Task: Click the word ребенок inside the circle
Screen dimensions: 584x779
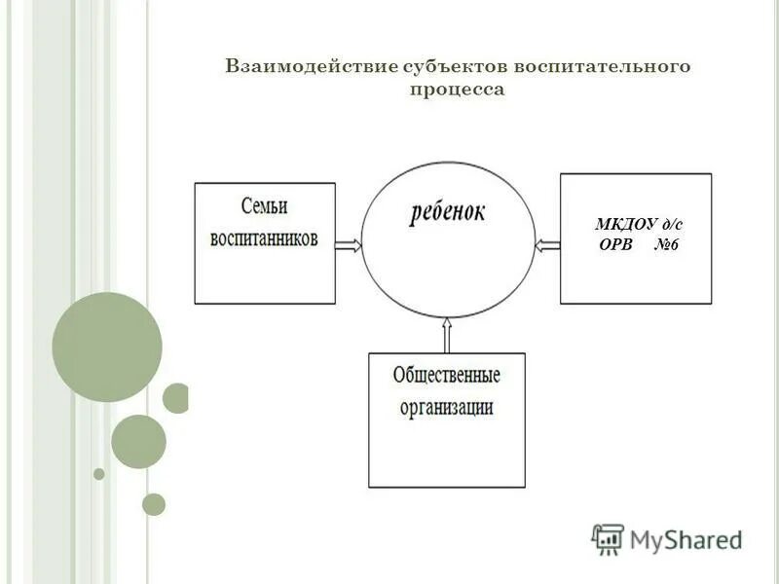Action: [x=448, y=211]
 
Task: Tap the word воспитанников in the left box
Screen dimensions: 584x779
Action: [x=264, y=239]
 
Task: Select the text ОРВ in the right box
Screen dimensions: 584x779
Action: [x=615, y=245]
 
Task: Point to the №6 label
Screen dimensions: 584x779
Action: [x=665, y=245]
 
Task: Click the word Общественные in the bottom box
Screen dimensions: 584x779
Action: [x=446, y=375]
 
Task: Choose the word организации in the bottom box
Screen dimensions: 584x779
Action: [x=446, y=407]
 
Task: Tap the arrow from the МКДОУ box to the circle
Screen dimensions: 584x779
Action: [x=548, y=244]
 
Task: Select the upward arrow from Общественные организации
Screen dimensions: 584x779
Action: [x=447, y=336]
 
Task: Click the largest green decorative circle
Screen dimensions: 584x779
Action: [x=106, y=347]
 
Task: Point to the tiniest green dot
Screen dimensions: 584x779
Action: [x=98, y=474]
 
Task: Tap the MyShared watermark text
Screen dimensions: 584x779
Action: [x=686, y=539]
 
